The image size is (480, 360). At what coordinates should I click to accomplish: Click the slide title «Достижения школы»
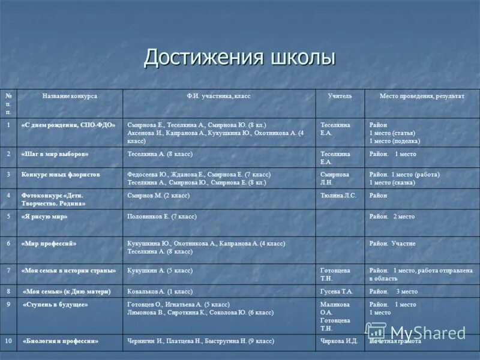[x=239, y=58]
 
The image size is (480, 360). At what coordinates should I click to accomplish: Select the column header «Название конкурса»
[x=70, y=96]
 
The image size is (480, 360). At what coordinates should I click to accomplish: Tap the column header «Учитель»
[x=340, y=96]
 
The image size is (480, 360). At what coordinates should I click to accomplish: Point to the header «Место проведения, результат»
[x=422, y=96]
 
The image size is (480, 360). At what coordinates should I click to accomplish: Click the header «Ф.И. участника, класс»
[x=218, y=96]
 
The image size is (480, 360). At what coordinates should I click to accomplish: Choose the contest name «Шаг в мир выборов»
[x=55, y=154]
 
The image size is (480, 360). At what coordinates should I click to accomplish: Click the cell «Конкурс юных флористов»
[x=61, y=175]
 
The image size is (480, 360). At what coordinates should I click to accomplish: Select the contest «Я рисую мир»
[x=45, y=217]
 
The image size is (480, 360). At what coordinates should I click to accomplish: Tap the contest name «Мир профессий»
[x=50, y=244]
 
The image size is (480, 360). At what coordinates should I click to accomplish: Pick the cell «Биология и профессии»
[x=61, y=341]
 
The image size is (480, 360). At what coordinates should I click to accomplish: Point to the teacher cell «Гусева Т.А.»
[x=337, y=291]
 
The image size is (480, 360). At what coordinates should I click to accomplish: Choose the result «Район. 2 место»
[x=392, y=217]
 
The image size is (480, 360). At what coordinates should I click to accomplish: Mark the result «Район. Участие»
[x=392, y=244]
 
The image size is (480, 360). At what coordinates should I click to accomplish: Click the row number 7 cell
[x=8, y=271]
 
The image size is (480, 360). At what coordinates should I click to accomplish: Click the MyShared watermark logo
[x=416, y=332]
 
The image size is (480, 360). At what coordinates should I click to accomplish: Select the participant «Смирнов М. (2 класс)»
[x=158, y=196]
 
